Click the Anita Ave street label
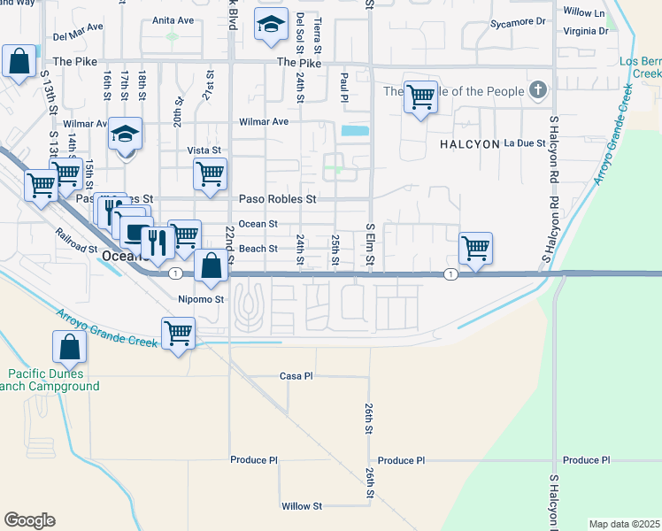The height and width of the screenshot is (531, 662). coord(172,19)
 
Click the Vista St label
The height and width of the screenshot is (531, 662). coord(204,151)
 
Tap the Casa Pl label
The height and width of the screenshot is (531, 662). coord(296,376)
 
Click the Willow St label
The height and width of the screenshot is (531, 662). coord(302,506)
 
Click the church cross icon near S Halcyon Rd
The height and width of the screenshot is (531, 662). coord(537,89)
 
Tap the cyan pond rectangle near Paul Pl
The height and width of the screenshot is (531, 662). coord(355,131)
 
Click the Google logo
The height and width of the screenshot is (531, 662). coord(29,520)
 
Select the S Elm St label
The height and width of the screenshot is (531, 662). coord(371,248)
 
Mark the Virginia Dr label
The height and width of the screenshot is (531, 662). coord(586,30)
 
